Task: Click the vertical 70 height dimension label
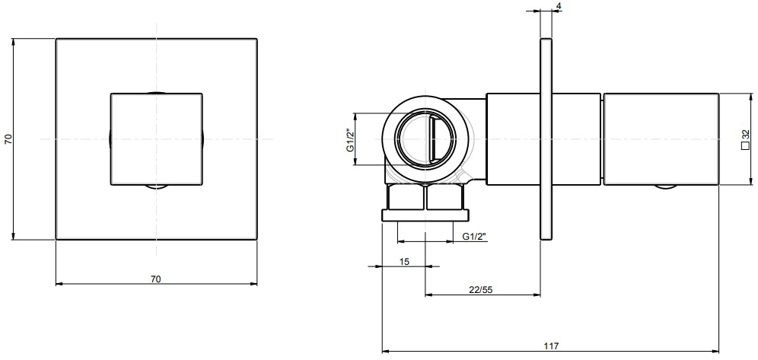[x=8, y=139]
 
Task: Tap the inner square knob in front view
[x=157, y=139]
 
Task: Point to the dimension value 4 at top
[x=560, y=7]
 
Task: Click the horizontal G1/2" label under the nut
[x=475, y=237]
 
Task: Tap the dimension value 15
[x=404, y=262]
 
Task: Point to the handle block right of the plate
[x=661, y=139]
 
